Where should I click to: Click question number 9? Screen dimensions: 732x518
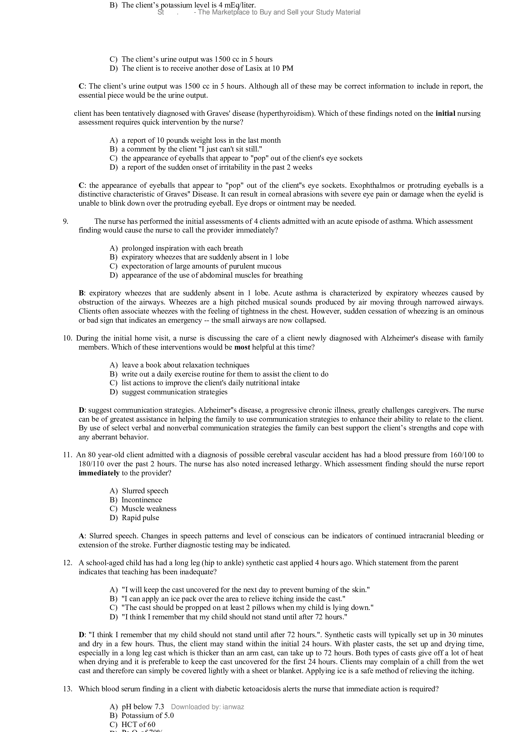(x=65, y=221)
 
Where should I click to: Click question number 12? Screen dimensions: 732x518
(x=68, y=563)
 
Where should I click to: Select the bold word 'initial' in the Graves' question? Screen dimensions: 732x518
(x=445, y=114)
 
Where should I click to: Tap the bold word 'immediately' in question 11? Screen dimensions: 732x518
(x=99, y=473)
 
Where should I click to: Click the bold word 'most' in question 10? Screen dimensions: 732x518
(x=242, y=347)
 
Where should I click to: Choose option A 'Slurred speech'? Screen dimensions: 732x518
(x=145, y=491)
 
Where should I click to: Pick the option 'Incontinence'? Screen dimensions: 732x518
(x=142, y=499)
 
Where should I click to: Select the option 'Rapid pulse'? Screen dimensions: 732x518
(x=140, y=517)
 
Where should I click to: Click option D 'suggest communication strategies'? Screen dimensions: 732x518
(x=174, y=392)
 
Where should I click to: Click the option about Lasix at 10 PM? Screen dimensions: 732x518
(x=207, y=68)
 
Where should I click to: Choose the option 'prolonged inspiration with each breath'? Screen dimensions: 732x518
(x=182, y=248)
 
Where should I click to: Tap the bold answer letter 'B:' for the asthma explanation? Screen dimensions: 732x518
(x=82, y=293)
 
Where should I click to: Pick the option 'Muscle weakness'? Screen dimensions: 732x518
(x=149, y=509)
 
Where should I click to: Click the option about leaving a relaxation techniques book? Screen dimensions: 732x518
(x=186, y=365)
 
